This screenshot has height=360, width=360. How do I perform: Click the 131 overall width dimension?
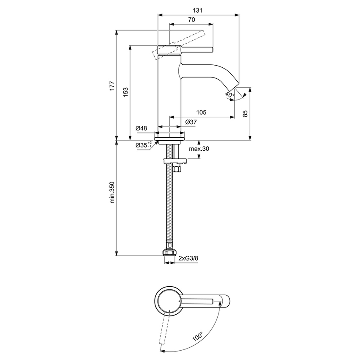click(x=196, y=8)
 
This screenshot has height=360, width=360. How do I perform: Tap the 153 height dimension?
click(x=125, y=92)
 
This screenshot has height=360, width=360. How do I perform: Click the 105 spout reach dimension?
click(x=201, y=112)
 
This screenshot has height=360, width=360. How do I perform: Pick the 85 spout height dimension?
click(x=245, y=113)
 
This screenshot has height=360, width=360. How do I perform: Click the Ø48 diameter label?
click(x=141, y=128)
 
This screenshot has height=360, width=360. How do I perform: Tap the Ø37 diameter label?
click(x=191, y=122)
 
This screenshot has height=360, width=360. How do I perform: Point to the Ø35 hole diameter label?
click(x=143, y=145)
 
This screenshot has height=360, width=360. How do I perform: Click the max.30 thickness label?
click(x=199, y=149)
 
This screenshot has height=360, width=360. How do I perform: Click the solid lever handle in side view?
click(x=197, y=49)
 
